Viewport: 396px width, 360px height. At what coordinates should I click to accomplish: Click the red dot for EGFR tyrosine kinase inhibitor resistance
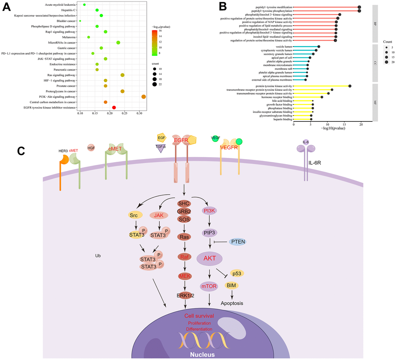[114, 107]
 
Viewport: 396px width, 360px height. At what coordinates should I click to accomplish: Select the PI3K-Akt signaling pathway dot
[144, 97]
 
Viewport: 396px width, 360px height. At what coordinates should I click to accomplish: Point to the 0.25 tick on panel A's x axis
[95, 114]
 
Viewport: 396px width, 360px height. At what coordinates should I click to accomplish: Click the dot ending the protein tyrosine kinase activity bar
[350, 86]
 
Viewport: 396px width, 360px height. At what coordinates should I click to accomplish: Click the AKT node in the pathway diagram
[209, 259]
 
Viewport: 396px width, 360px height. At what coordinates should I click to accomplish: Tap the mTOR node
[209, 287]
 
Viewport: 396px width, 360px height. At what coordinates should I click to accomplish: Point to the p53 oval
[237, 273]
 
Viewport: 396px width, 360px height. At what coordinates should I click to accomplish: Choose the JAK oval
[158, 215]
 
